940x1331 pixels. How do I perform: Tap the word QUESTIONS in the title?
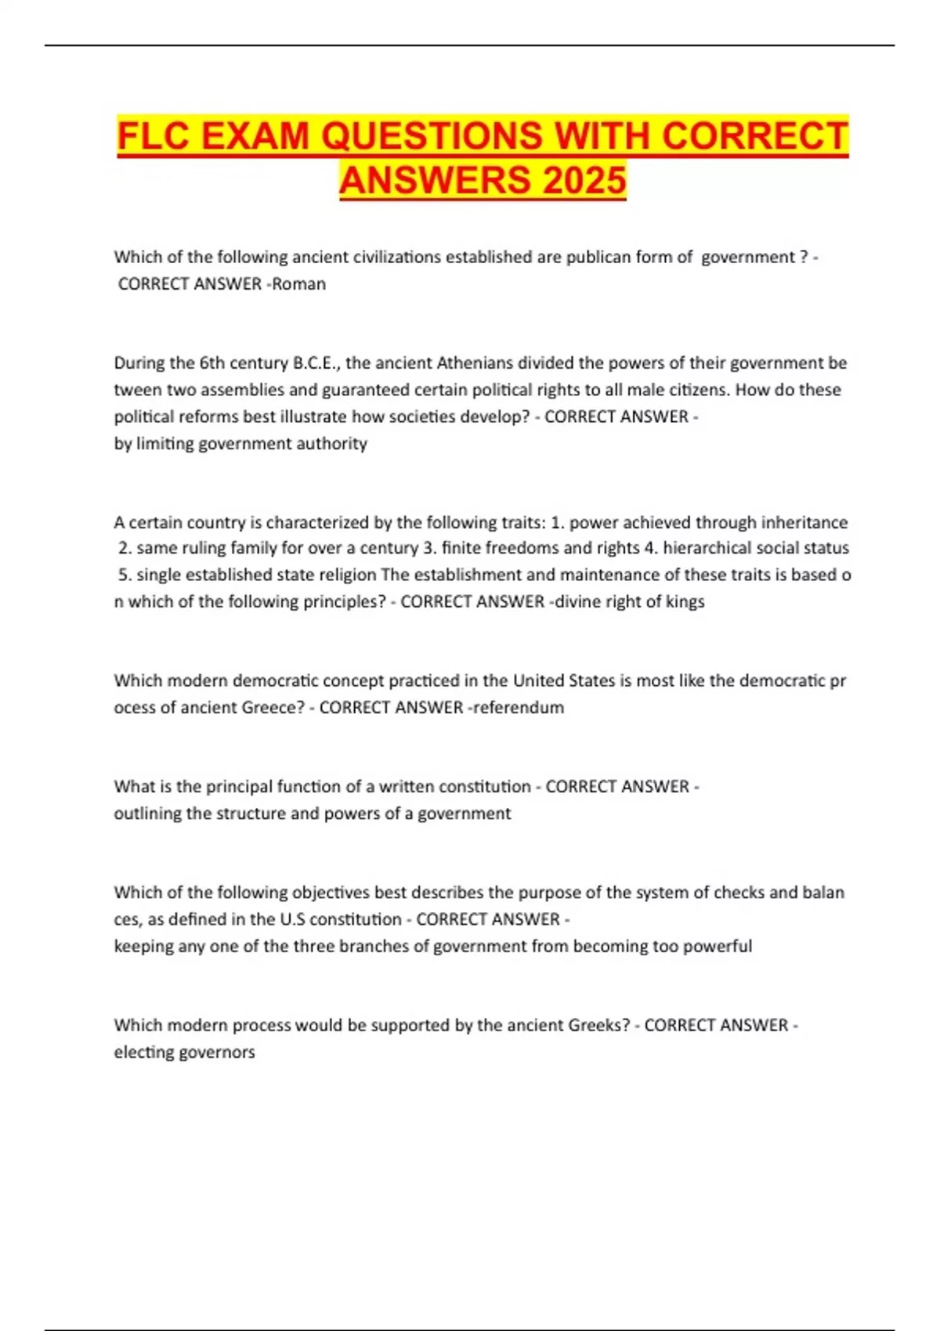tap(432, 135)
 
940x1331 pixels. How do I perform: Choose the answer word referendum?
tap(518, 707)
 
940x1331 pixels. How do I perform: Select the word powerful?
tap(718, 946)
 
